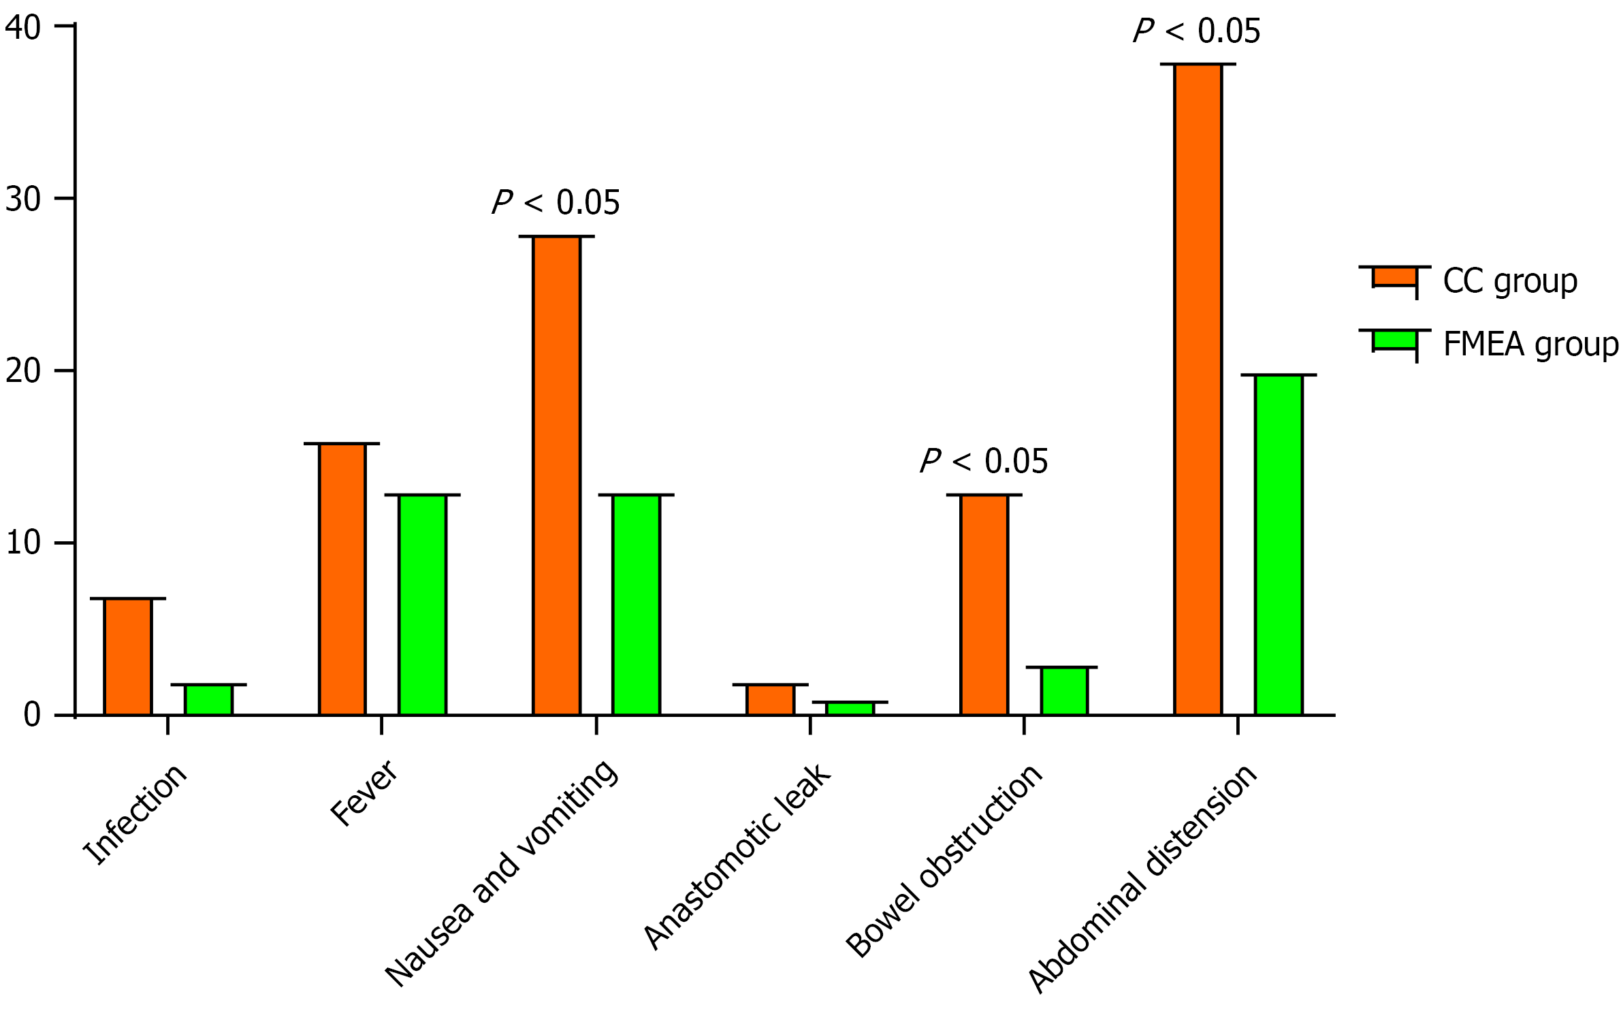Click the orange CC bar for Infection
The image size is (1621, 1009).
tap(128, 656)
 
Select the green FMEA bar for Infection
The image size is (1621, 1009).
tap(209, 699)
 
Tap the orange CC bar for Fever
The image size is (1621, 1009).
tap(342, 579)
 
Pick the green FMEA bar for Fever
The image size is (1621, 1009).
tap(422, 605)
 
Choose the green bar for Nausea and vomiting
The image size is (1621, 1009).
tap(636, 605)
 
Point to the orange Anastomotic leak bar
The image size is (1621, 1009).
tap(770, 699)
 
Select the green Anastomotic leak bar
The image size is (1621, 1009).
tap(850, 708)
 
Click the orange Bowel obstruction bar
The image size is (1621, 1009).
tap(984, 605)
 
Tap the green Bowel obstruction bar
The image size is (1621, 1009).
tap(1064, 690)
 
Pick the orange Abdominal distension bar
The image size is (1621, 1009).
tap(1198, 389)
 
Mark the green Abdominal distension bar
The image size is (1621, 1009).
tap(1278, 545)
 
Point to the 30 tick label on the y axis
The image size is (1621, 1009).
tap(23, 199)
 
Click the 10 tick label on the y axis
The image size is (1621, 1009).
tap(23, 543)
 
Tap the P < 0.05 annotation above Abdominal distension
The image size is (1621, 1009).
tap(1196, 31)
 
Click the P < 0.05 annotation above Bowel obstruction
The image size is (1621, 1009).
tap(984, 462)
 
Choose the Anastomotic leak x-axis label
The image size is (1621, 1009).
tap(737, 856)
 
